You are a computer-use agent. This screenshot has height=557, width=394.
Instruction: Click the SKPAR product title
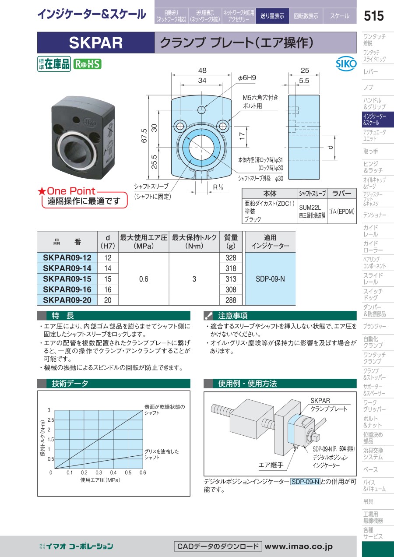tap(96, 42)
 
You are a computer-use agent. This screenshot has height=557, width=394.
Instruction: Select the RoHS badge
tap(87, 64)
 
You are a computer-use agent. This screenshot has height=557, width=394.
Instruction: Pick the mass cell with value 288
tap(232, 300)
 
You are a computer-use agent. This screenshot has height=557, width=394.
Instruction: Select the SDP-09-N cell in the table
tap(270, 279)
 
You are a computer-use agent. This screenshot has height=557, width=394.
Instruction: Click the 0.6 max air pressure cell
tap(144, 279)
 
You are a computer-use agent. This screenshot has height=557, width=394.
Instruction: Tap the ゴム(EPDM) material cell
tap(341, 212)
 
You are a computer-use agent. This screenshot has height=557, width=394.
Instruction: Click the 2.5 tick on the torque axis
tap(51, 420)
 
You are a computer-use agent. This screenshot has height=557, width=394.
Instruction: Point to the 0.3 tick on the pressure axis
tap(99, 472)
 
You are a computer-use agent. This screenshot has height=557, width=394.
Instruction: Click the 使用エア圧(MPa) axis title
tap(100, 480)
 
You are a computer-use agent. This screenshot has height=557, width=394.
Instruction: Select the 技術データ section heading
tap(70, 384)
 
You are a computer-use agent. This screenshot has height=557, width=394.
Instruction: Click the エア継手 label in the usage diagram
tap(271, 465)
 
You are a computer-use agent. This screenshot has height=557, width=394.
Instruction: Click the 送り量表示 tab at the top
tap(272, 16)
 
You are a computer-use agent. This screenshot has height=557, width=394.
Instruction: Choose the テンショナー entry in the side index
tap(374, 215)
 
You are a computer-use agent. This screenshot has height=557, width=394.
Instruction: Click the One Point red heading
tap(70, 191)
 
